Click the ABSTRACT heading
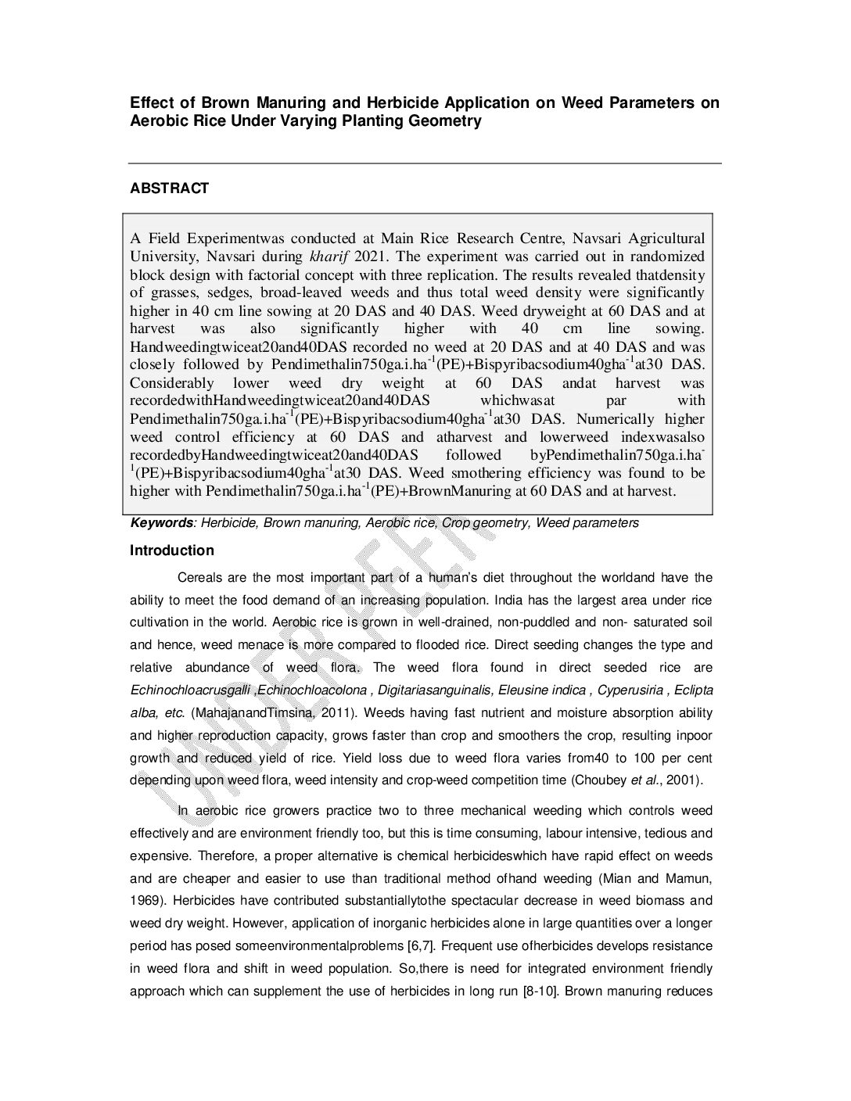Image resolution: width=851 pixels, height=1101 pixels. (x=169, y=188)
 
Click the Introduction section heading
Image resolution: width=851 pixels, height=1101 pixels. (x=171, y=550)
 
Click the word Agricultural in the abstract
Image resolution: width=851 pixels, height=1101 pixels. (x=667, y=238)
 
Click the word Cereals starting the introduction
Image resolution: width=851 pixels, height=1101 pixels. (x=200, y=578)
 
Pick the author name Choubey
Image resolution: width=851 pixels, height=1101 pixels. (x=601, y=780)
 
